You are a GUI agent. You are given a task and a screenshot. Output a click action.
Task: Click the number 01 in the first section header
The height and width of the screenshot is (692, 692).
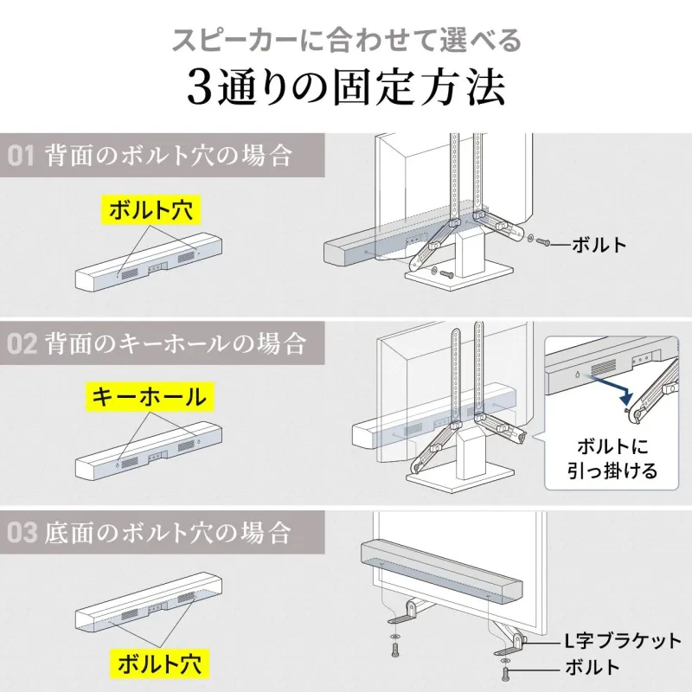click(x=21, y=157)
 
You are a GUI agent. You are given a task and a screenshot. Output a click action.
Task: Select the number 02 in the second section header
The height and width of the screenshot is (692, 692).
click(x=22, y=343)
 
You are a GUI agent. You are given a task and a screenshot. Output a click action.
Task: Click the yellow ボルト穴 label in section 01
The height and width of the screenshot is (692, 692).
click(x=151, y=210)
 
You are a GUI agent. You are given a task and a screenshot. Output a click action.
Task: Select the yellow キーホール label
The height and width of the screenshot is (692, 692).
click(x=150, y=398)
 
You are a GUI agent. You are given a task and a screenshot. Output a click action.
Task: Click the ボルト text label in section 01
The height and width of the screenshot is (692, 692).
click(x=599, y=245)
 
